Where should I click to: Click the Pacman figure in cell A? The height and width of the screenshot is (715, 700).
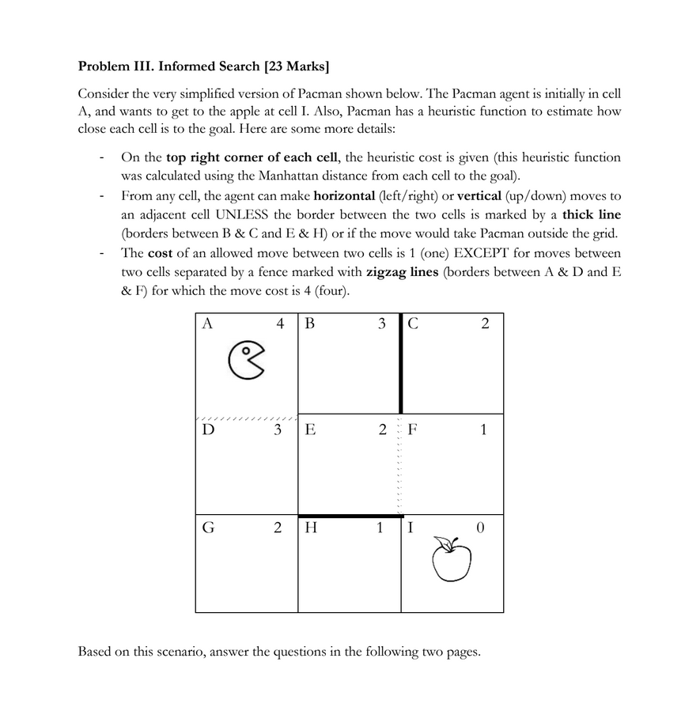246,360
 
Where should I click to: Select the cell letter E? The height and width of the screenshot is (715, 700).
310,429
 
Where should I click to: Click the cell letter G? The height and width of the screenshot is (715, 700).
208,528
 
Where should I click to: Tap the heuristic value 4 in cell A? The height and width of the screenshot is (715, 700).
280,323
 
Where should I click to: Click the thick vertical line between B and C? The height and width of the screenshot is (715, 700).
401,364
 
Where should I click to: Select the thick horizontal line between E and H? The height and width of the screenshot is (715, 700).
350,516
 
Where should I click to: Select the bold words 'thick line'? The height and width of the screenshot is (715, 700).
592,214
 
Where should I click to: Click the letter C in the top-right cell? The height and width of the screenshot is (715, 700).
413,323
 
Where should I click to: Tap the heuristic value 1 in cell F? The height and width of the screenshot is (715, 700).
484,429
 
